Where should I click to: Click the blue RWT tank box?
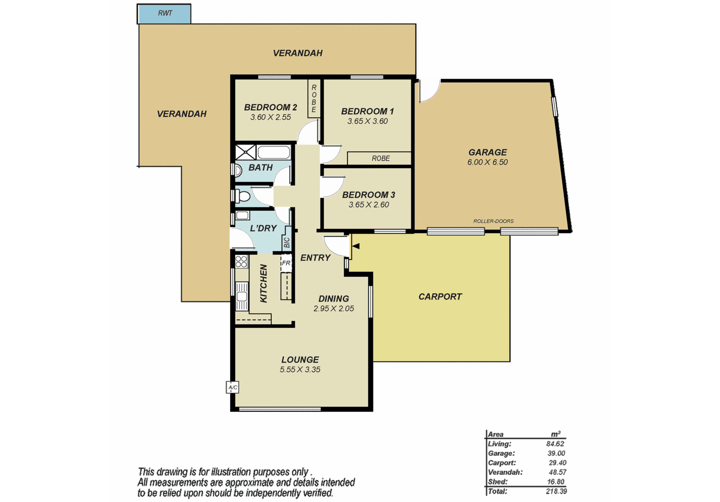pyautogui.click(x=164, y=13)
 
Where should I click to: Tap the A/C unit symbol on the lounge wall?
pyautogui.click(x=232, y=387)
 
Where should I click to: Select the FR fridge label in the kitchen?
pyautogui.click(x=286, y=263)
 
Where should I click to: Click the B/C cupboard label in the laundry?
pyautogui.click(x=287, y=243)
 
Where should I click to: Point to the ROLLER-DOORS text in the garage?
pyautogui.click(x=493, y=221)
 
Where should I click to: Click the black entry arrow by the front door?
pyautogui.click(x=356, y=246)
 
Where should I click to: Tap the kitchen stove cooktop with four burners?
pyautogui.click(x=242, y=261)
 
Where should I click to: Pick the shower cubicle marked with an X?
pyautogui.click(x=246, y=152)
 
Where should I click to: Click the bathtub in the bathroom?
pyautogui.click(x=274, y=152)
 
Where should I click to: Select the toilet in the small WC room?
pyautogui.click(x=240, y=196)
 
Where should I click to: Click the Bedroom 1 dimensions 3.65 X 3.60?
pyautogui.click(x=368, y=121)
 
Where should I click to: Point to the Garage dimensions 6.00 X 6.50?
pyautogui.click(x=487, y=162)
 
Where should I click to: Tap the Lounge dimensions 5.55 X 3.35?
pyautogui.click(x=300, y=370)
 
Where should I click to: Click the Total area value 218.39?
pyautogui.click(x=556, y=491)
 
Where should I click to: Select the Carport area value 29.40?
pyautogui.click(x=558, y=463)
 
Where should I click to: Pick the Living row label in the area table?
pyautogui.click(x=499, y=444)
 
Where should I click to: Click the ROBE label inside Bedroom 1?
pyautogui.click(x=381, y=159)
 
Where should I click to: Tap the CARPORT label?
pyautogui.click(x=440, y=297)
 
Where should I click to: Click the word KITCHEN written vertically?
pyautogui.click(x=264, y=283)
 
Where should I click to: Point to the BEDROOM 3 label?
pyautogui.click(x=368, y=195)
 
